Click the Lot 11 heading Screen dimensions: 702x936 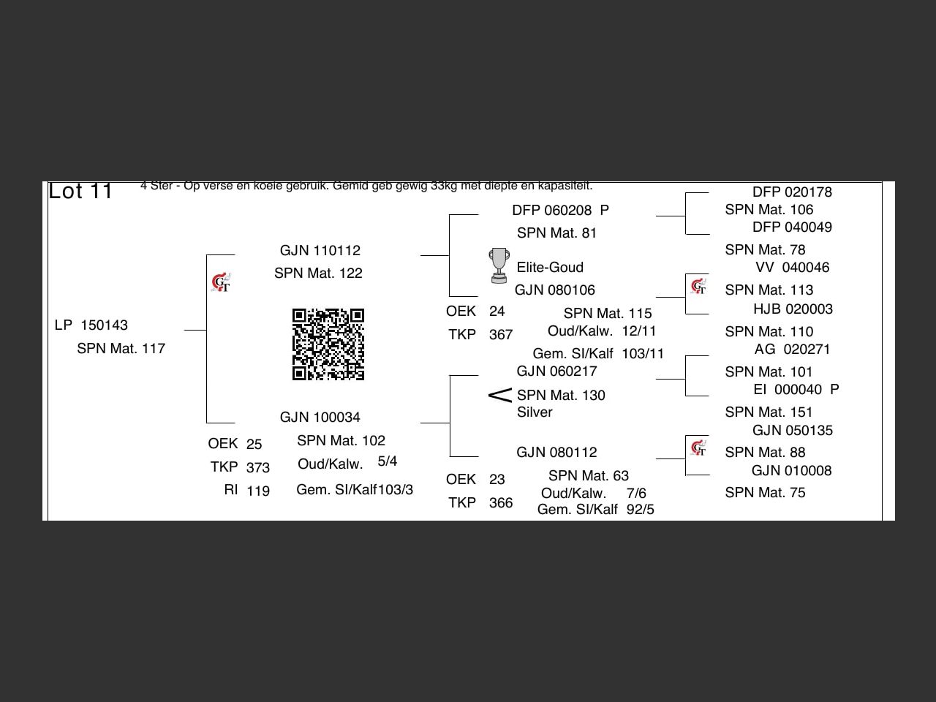[80, 192]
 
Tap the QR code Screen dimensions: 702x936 [328, 344]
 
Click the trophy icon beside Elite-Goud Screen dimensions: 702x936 [499, 265]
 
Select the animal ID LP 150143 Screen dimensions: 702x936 [91, 325]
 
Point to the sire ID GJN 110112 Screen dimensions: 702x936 [320, 251]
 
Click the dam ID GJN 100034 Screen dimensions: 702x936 [320, 418]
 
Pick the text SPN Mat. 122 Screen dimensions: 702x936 [318, 273]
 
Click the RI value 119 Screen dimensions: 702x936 [258, 491]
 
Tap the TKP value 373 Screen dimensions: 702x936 [258, 468]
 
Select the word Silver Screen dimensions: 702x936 [535, 412]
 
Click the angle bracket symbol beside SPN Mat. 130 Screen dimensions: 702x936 [499, 396]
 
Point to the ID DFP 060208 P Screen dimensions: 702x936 [560, 211]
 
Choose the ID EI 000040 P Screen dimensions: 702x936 [796, 390]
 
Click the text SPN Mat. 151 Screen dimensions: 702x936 [769, 412]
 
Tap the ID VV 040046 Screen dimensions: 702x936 [792, 268]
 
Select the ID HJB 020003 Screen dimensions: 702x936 [793, 309]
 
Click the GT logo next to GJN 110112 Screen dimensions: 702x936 [221, 282]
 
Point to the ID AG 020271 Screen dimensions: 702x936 [792, 350]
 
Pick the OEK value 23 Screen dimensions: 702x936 [497, 480]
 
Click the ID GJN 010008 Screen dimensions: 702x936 [791, 471]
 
